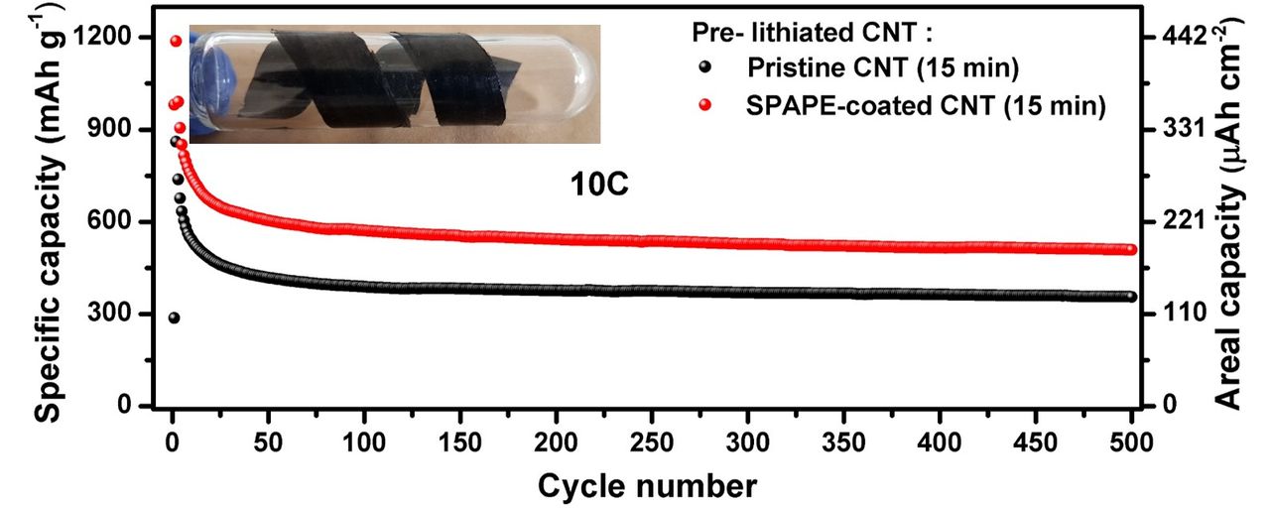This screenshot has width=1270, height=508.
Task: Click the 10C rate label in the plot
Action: (x=599, y=186)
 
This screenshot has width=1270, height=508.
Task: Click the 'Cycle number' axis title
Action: (x=648, y=485)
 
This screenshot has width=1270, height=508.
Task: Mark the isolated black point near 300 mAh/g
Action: (x=174, y=317)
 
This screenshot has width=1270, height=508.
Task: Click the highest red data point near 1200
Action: (x=177, y=41)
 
